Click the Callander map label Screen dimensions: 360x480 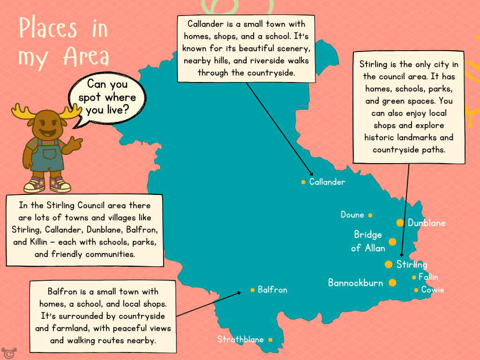click(327, 182)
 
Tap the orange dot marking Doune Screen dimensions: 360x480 click(370, 215)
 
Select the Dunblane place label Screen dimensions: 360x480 click(427, 223)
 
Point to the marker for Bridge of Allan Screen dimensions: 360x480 click(392, 242)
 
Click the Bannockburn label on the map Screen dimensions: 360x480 click(355, 283)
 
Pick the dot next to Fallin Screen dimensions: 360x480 click(414, 277)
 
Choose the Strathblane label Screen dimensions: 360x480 click(240, 339)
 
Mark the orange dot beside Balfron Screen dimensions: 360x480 click(253, 290)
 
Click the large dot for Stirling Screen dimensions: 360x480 click(389, 264)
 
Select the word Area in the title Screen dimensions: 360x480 click(86, 57)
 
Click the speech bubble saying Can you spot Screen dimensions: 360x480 click(107, 97)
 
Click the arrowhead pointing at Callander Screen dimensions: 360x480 click(311, 174)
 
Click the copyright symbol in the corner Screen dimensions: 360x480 click(7, 352)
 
